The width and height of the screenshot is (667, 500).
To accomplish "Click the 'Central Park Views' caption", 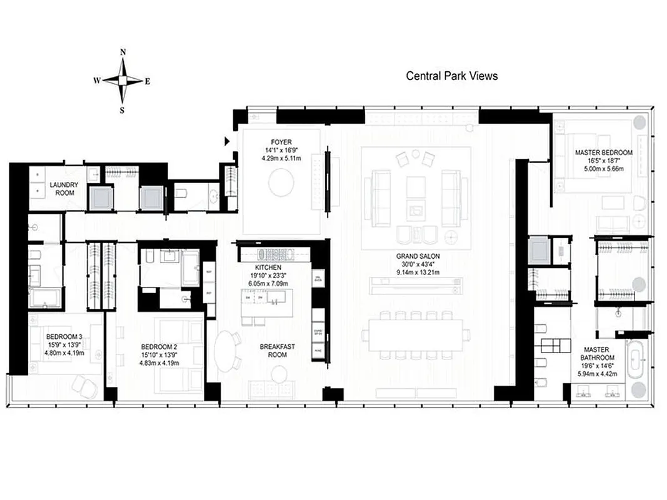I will pyautogui.click(x=452, y=76).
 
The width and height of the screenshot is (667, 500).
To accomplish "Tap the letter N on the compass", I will pyautogui.click(x=123, y=52).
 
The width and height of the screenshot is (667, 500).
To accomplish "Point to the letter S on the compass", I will pyautogui.click(x=123, y=111).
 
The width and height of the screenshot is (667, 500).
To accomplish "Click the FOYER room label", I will pyautogui.click(x=279, y=142).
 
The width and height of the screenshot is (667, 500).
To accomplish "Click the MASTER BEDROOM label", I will pyautogui.click(x=604, y=152).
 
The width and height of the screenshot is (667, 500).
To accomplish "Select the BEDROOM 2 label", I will pyautogui.click(x=159, y=347).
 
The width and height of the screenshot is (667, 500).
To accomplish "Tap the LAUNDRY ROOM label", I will pyautogui.click(x=64, y=189).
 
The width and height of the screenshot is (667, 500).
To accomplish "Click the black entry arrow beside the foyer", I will pyautogui.click(x=228, y=142).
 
